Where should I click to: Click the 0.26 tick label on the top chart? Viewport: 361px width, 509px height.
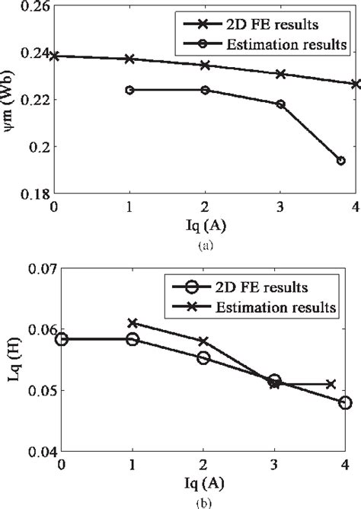pos(35,7)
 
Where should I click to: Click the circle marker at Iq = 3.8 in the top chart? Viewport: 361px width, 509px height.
pos(340,161)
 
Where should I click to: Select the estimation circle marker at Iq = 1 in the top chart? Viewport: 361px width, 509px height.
pos(129,90)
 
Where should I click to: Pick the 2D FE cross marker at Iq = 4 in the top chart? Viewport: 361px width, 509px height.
pos(356,84)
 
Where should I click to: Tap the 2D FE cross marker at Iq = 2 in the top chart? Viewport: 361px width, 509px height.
pos(205,66)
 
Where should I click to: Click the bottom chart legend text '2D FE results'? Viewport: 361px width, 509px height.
pos(271,289)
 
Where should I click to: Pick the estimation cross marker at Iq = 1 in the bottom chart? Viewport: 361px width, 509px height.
pos(133,323)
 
